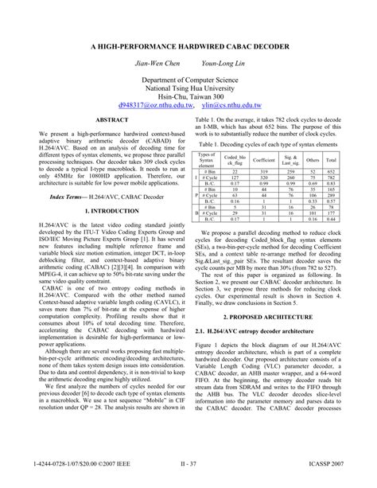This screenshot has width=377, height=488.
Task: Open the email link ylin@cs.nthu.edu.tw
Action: pos(231,104)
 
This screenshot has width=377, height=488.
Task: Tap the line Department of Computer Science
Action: pos(188,82)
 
